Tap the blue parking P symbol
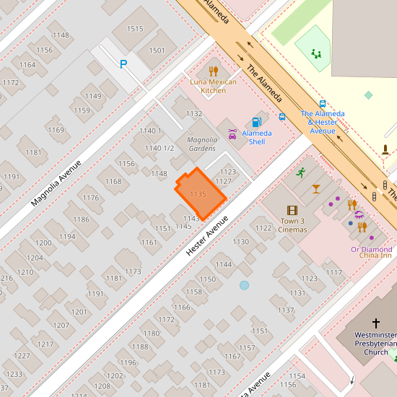click(x=123, y=64)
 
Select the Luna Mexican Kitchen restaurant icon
click(x=213, y=71)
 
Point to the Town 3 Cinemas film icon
click(x=292, y=210)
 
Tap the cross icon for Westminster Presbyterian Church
click(x=375, y=323)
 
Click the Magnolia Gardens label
click(x=202, y=144)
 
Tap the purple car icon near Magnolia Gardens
click(x=232, y=134)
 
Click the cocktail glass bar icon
click(x=316, y=188)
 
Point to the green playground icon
click(x=315, y=53)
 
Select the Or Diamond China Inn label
click(x=371, y=252)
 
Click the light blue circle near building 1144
click(x=244, y=285)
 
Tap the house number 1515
click(x=135, y=29)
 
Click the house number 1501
click(x=157, y=51)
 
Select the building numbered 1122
click(x=264, y=228)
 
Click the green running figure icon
click(x=301, y=172)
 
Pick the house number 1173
click(x=133, y=271)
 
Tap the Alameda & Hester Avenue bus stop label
click(x=322, y=122)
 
